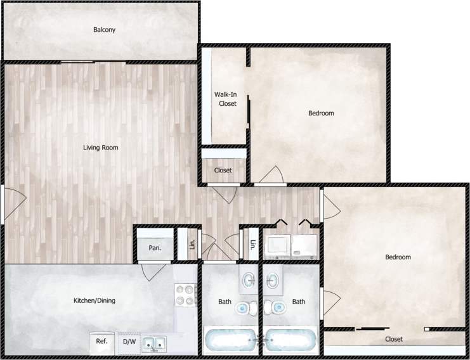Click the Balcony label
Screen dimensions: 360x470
[x=104, y=30]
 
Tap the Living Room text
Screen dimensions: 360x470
[x=101, y=148]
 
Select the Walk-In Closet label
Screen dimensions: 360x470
[x=227, y=99]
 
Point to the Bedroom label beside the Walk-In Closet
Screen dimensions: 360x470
[x=321, y=113]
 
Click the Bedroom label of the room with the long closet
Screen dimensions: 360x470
[x=398, y=257]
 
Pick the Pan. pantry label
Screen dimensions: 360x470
[x=155, y=248]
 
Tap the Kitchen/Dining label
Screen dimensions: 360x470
[x=95, y=300]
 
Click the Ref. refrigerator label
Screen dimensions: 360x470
[x=101, y=342]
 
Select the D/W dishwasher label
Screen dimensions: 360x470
[x=129, y=342]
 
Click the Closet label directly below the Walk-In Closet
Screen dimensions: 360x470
[x=223, y=170]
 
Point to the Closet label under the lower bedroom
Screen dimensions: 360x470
[x=394, y=339]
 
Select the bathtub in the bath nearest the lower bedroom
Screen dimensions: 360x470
[x=290, y=340]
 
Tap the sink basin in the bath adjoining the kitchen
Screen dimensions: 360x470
[x=249, y=280]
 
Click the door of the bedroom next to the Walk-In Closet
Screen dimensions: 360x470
[x=271, y=174]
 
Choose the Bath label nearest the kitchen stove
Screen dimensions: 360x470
[x=225, y=302]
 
